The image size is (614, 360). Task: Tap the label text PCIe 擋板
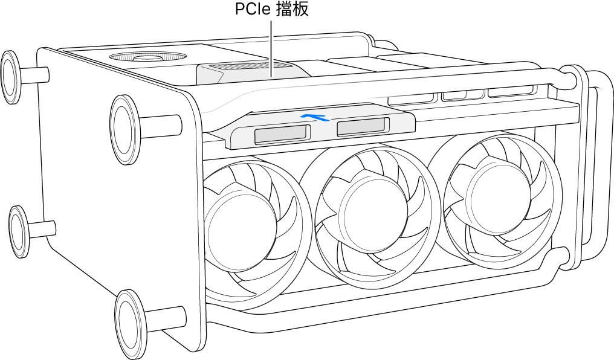271,10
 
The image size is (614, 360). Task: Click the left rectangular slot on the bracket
281,134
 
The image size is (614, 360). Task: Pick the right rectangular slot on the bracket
361,126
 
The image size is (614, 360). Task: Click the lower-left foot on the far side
19,231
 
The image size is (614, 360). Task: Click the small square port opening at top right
453,95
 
